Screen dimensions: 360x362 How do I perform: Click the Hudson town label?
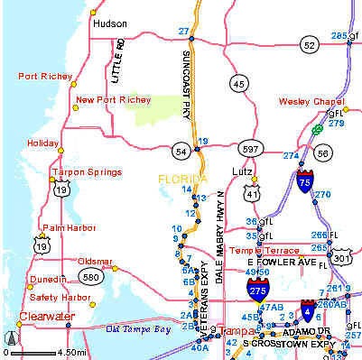pos(110,24)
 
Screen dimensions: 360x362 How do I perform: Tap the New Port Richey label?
pos(113,99)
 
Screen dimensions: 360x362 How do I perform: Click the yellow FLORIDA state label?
pos(181,179)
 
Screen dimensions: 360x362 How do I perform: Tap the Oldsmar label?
pos(97,261)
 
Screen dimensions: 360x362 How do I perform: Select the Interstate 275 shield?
pos(256,288)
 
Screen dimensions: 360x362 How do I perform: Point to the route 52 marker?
pos(310,44)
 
